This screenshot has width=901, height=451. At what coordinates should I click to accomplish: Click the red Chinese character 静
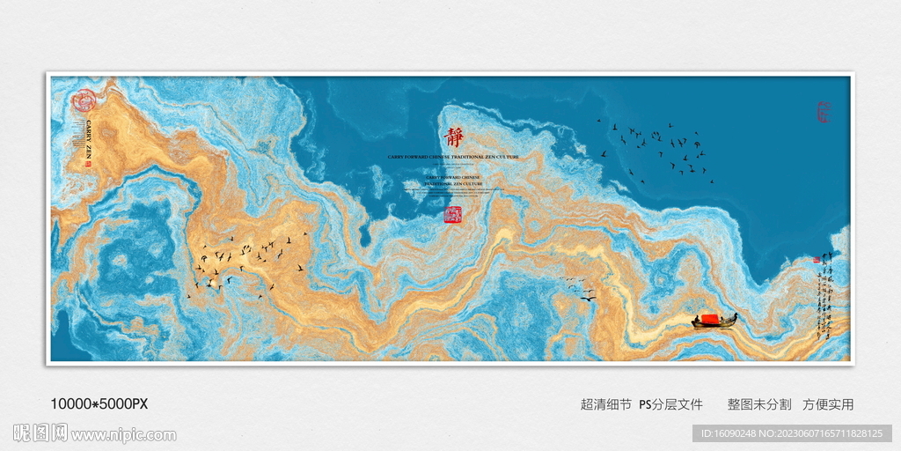[454, 138]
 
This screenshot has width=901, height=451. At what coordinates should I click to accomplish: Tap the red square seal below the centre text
[453, 214]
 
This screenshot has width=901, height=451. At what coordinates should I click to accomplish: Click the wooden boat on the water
[714, 322]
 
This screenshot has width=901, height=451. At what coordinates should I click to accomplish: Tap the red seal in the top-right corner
[824, 112]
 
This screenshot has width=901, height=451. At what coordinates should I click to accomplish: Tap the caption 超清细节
[605, 404]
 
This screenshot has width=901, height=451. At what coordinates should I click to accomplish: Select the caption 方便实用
[828, 404]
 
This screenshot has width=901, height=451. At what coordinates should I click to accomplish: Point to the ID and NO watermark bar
[793, 433]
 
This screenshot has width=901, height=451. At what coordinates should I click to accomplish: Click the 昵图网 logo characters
[40, 433]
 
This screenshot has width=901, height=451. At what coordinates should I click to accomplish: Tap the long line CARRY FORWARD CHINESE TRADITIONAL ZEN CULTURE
[453, 157]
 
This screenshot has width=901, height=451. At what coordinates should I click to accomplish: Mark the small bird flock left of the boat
[577, 286]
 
